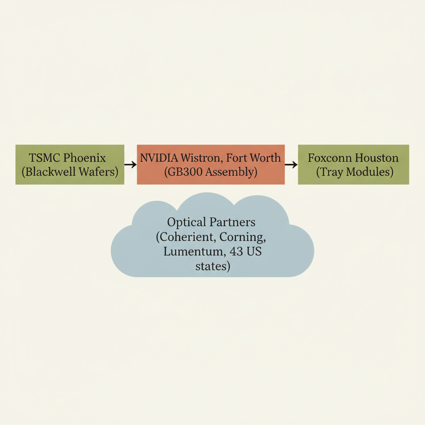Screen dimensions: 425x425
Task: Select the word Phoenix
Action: (x=85, y=158)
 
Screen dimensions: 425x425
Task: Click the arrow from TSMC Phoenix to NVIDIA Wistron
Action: (x=131, y=165)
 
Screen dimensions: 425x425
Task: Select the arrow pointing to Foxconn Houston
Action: (x=291, y=165)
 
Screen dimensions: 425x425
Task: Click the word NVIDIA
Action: (x=159, y=158)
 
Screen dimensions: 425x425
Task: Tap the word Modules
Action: (x=370, y=172)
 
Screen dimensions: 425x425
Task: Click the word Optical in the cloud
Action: (x=187, y=222)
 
